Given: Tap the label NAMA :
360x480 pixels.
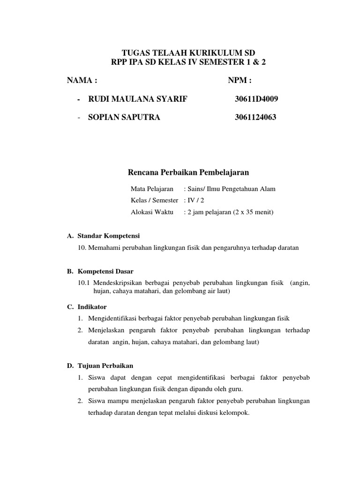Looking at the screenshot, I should coord(82,80).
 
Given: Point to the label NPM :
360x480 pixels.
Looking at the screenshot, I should coord(240,80).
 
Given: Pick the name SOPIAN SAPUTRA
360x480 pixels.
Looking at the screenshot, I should coord(124,117).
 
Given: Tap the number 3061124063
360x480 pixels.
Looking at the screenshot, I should coord(255,117).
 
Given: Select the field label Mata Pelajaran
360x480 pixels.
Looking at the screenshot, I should coord(152,189).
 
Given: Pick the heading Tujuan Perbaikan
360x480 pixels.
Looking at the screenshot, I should coord(105,366).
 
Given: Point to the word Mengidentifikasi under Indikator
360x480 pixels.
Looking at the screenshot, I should coord(116,319).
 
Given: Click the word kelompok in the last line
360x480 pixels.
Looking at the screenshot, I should coord(235,413).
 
